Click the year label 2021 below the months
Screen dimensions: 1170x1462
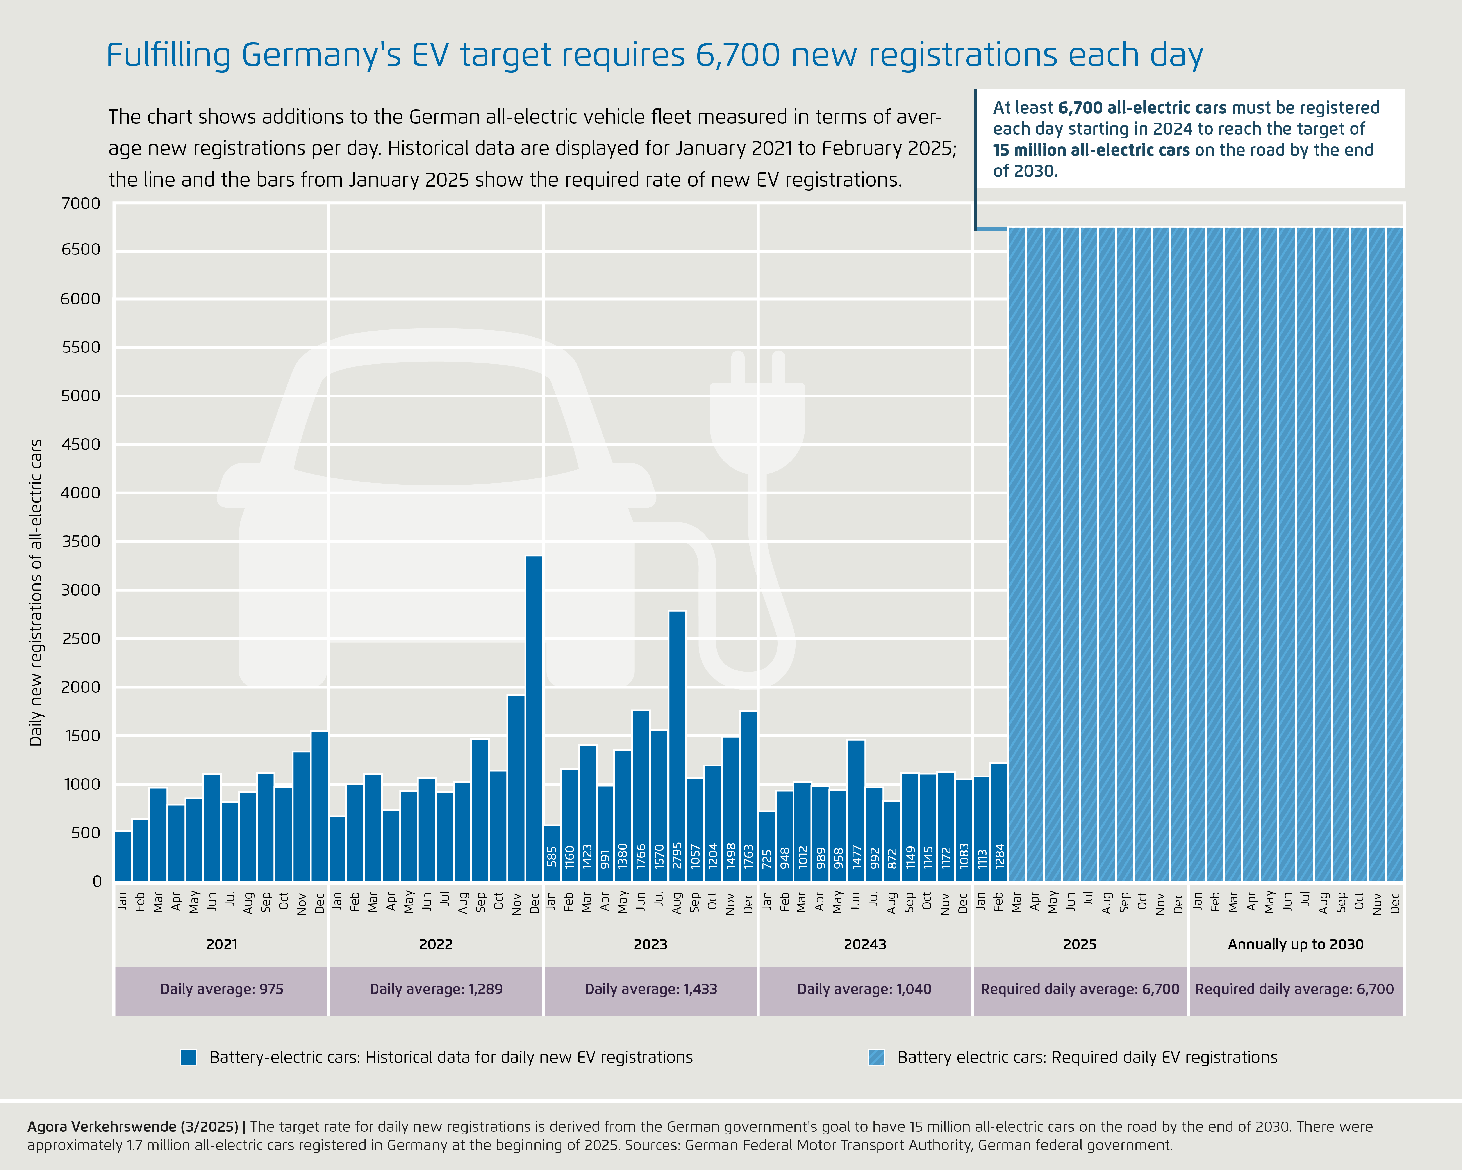[222, 944]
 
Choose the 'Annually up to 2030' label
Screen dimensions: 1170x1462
[1295, 944]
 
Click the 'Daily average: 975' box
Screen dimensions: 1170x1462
[222, 989]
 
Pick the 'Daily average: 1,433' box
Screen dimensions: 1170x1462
[650, 989]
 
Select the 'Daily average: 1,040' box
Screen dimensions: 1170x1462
[865, 989]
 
